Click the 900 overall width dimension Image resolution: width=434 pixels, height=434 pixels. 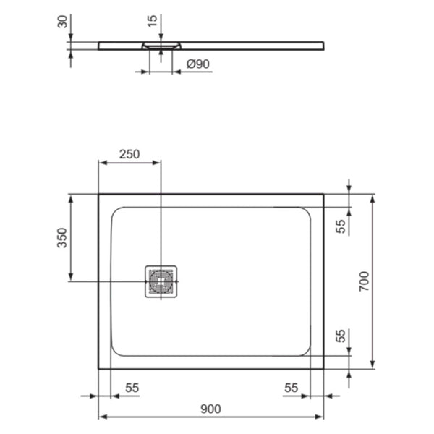tap(210, 409)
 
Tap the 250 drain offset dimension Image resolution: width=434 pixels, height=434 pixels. tap(129, 154)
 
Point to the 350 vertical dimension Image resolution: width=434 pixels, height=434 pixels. tap(61, 238)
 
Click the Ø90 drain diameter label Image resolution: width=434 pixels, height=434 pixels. tap(197, 64)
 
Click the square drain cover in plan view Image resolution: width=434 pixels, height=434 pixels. tap(161, 281)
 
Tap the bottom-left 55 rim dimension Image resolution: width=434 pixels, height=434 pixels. tap(132, 388)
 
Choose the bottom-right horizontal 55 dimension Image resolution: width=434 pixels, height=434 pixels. tap(290, 388)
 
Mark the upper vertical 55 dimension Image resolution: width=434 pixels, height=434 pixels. tap(341, 226)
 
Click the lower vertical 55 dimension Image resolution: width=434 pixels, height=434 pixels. tap(341, 336)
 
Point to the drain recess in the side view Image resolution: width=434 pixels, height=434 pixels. tap(161, 46)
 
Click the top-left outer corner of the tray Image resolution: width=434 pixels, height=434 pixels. tap(98, 194)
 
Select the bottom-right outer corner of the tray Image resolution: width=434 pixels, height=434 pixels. tap(323, 368)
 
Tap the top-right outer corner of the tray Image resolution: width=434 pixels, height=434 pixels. tap(323, 194)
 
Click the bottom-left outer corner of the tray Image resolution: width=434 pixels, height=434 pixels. tap(98, 368)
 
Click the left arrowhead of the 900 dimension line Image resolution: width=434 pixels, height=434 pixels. tap(101, 418)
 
